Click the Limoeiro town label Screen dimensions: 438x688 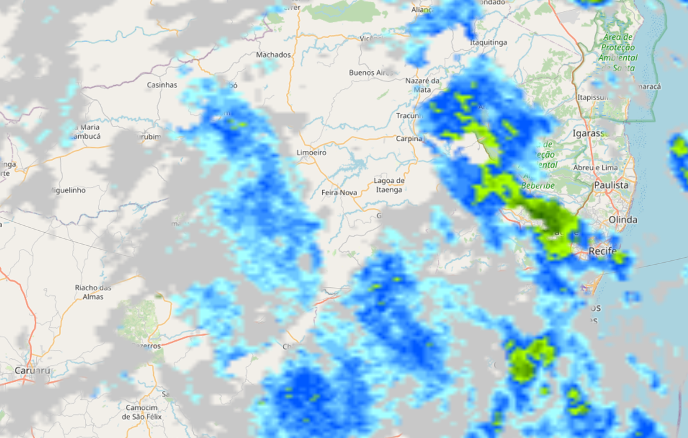311,153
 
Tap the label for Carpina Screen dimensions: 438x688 409,138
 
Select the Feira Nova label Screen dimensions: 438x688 339,193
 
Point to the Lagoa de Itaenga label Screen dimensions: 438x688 388,185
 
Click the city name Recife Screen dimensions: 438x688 602,252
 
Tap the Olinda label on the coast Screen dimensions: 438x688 623,220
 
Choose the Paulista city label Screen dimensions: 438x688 611,185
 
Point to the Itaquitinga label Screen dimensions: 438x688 488,42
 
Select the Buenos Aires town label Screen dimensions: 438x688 372,73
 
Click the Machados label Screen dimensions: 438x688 273,54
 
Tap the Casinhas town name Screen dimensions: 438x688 162,84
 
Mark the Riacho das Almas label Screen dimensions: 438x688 93,292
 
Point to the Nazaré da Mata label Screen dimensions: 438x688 422,85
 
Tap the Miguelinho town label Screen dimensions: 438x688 68,190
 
